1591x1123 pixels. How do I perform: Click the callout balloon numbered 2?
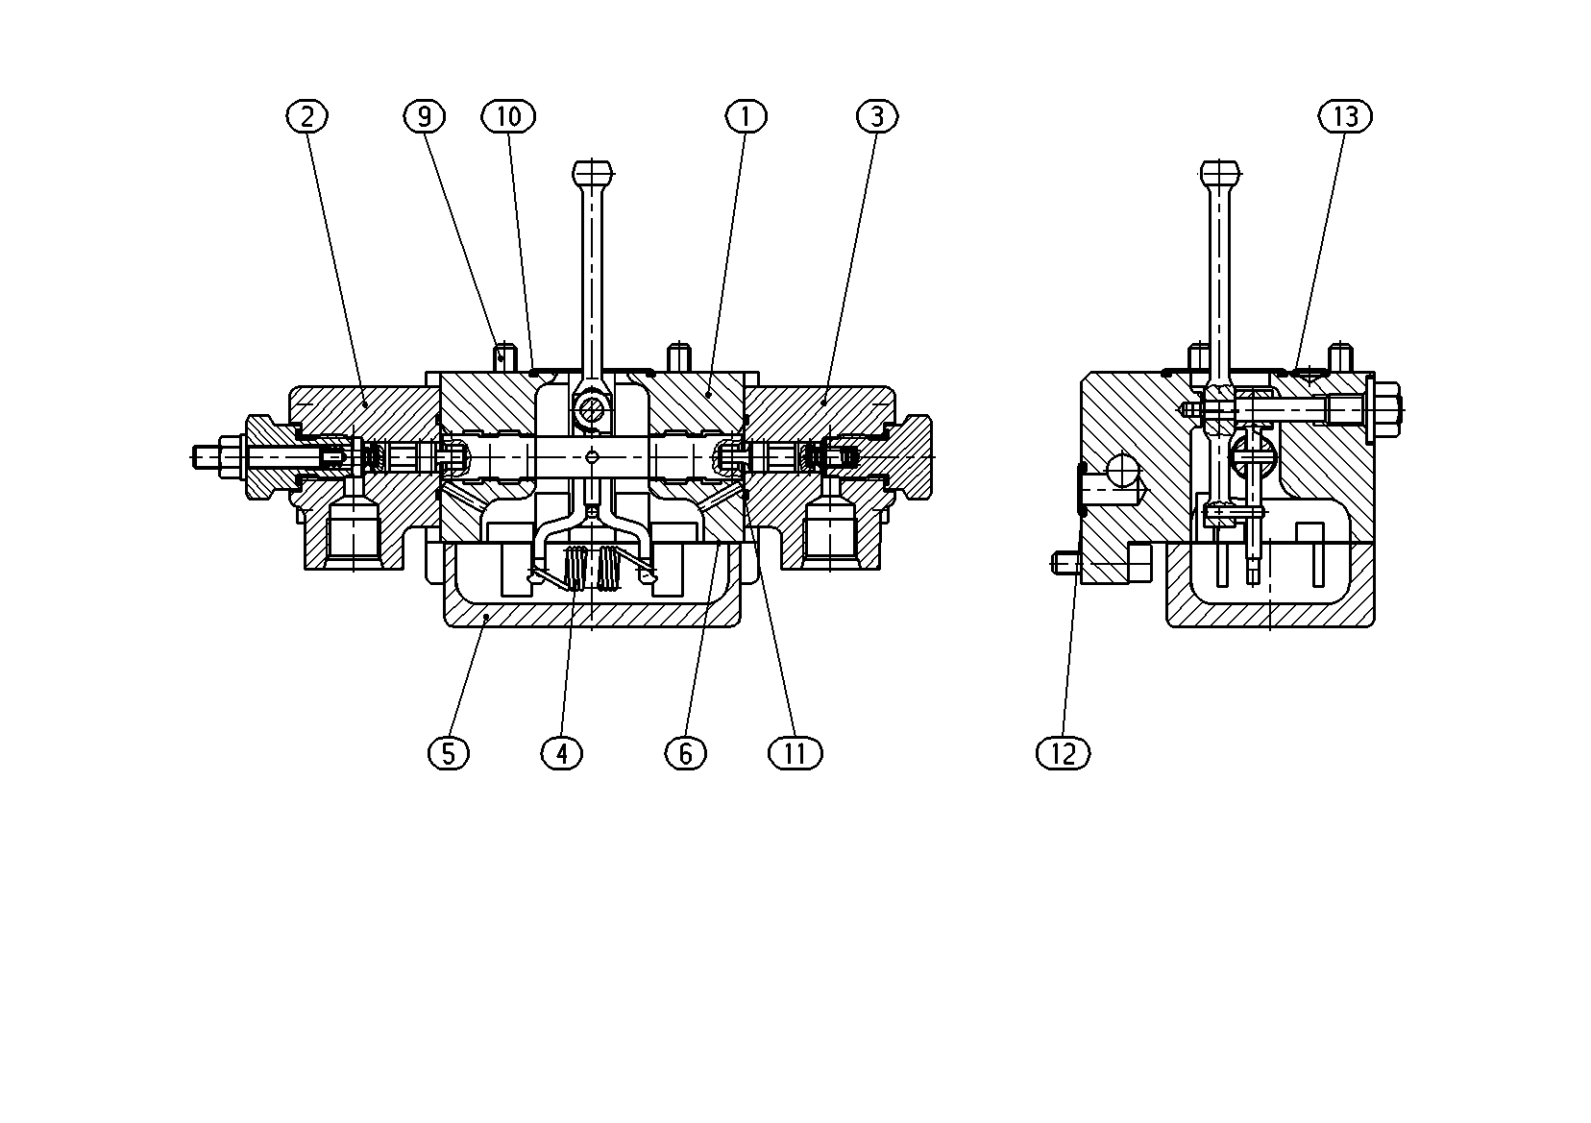(x=306, y=116)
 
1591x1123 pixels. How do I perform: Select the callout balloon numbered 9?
(x=424, y=116)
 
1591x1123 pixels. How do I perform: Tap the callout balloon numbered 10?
(x=508, y=116)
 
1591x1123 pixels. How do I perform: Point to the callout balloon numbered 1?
(x=746, y=116)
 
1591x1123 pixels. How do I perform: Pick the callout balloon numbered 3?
(x=877, y=116)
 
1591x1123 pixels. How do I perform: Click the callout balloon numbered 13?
(x=1345, y=116)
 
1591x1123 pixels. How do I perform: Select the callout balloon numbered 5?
(x=448, y=753)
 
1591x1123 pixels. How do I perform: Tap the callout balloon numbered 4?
(x=562, y=753)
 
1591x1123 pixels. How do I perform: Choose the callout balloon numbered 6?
(x=685, y=753)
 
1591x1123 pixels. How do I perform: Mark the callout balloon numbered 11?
(x=795, y=753)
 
